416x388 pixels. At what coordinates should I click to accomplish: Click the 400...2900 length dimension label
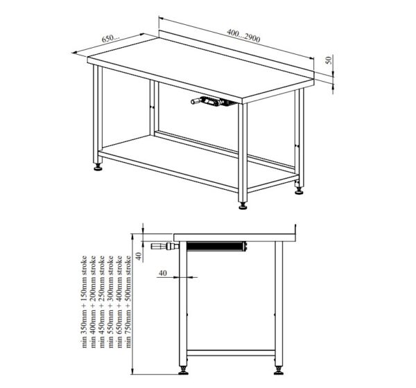click(x=243, y=35)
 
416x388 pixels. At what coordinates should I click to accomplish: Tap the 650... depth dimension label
click(x=111, y=38)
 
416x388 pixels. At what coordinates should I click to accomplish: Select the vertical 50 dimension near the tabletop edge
click(x=329, y=60)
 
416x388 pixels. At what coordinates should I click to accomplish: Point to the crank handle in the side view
click(x=165, y=247)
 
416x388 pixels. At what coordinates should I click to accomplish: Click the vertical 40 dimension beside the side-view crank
click(x=139, y=256)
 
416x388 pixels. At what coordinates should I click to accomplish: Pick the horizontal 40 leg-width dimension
click(x=163, y=273)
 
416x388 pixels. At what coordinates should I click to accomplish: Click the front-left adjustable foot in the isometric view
click(x=98, y=168)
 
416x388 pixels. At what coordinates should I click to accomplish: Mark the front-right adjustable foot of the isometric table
click(x=243, y=206)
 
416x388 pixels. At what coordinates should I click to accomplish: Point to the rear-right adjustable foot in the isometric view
click(x=299, y=191)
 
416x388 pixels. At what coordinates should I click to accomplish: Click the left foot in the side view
click(x=183, y=371)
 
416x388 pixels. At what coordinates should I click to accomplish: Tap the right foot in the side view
click(x=279, y=371)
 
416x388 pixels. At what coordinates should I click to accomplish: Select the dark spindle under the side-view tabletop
click(x=217, y=247)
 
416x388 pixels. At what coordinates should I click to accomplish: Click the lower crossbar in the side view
click(x=231, y=353)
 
